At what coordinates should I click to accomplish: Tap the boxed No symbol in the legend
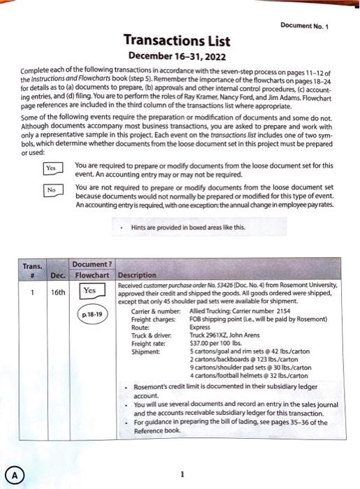(x=50, y=189)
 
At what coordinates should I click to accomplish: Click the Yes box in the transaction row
(x=89, y=290)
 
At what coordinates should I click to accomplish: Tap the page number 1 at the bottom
(x=182, y=474)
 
